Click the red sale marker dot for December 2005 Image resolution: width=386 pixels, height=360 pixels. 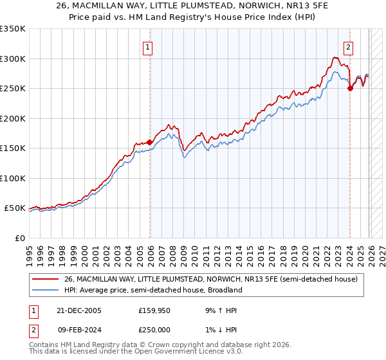click(x=150, y=142)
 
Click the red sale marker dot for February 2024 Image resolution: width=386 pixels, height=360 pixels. click(x=350, y=89)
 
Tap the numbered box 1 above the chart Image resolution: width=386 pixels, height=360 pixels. click(x=148, y=47)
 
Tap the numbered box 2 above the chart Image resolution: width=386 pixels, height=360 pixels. click(x=348, y=47)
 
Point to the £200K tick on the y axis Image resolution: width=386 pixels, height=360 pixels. click(x=13, y=118)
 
